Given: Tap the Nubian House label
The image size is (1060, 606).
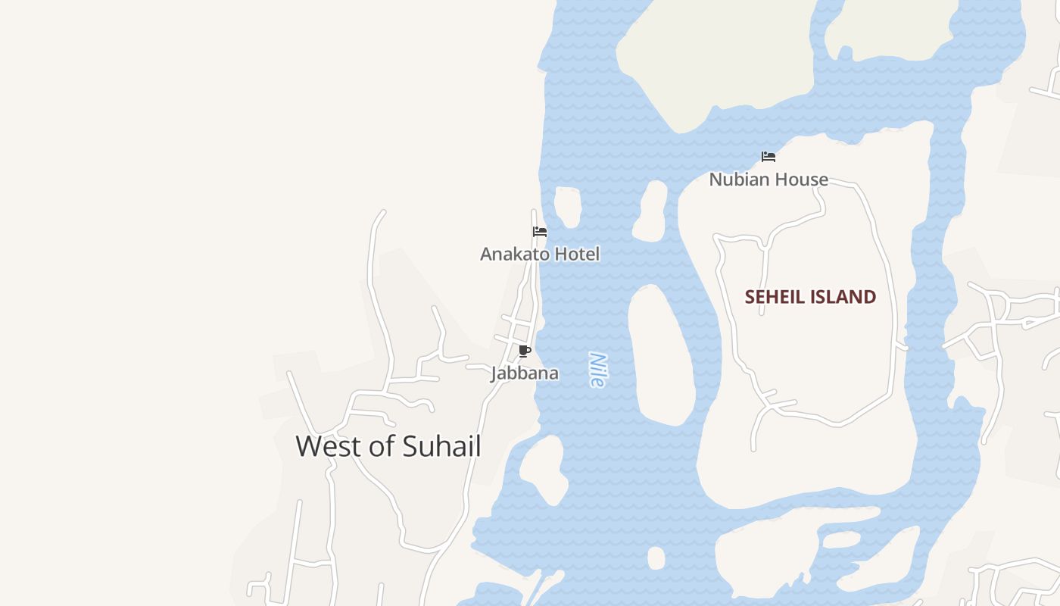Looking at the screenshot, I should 768,180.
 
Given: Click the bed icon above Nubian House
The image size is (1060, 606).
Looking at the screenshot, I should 768,157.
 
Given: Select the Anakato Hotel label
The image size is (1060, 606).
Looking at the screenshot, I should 540,254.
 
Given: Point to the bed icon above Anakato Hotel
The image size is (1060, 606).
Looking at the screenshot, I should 540,231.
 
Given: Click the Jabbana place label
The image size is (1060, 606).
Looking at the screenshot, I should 525,373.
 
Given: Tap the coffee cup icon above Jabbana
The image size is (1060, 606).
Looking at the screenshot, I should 524,351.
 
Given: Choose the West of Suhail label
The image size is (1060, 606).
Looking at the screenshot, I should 388,446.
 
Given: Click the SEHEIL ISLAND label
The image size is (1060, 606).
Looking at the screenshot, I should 810,297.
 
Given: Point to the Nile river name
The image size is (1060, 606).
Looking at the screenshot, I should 597,370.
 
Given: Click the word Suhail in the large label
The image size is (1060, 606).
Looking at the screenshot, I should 441,446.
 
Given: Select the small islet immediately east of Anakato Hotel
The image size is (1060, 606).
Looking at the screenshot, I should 568,206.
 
